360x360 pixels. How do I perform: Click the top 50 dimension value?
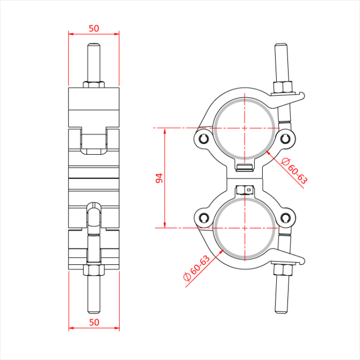click(94, 29)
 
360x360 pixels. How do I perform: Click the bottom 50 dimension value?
click(94, 322)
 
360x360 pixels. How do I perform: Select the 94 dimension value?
click(159, 178)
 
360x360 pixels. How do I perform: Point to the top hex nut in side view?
click(94, 84)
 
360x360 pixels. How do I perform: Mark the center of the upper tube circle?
click(245, 128)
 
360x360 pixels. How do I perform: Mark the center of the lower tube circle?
click(245, 227)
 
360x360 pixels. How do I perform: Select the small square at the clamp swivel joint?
click(249, 190)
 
